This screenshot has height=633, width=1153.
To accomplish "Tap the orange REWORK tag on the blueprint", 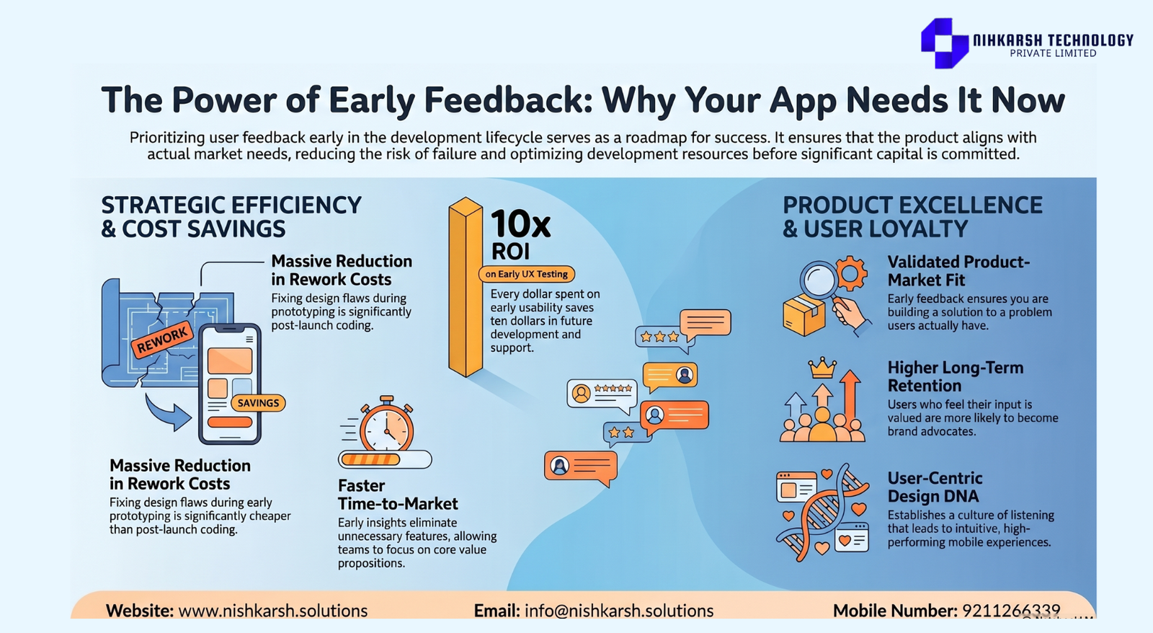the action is (162, 340).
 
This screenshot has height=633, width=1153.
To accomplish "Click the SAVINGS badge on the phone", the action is (258, 403).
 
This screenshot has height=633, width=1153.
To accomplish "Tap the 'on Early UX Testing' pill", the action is (527, 274).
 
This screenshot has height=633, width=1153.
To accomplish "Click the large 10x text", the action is (520, 224).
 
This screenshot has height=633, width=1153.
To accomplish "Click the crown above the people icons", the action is (822, 367).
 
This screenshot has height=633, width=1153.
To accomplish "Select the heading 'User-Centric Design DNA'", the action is (935, 487).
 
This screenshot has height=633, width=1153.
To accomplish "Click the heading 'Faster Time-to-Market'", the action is (397, 495).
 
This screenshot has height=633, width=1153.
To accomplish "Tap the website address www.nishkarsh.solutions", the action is (273, 611).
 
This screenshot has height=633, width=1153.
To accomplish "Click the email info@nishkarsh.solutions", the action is (619, 611).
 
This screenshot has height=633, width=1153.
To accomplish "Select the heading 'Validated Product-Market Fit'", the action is (958, 271).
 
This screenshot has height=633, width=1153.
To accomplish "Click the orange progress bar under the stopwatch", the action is (370, 459).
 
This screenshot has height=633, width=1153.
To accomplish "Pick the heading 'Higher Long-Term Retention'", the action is (956, 376).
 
